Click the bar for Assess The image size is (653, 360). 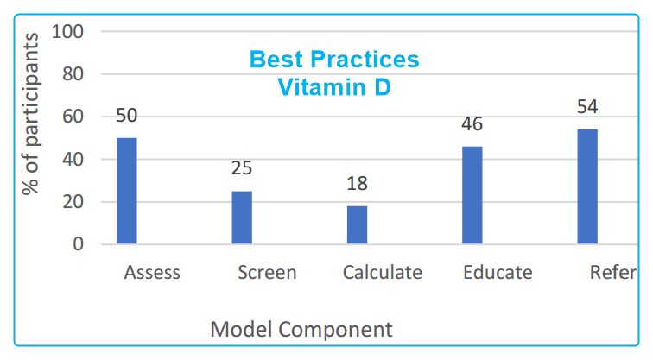(x=127, y=191)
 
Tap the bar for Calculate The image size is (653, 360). (x=357, y=224)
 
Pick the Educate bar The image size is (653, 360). (x=472, y=195)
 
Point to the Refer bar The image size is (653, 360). (x=587, y=186)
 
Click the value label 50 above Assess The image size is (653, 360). (x=127, y=116)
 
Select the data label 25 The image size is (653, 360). (x=242, y=168)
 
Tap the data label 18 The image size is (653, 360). (x=357, y=183)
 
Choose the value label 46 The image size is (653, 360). (x=472, y=124)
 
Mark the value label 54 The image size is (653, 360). (x=587, y=107)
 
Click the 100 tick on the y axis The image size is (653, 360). (x=68, y=32)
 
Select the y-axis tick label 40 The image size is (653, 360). (x=73, y=160)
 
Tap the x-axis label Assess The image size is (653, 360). (x=152, y=273)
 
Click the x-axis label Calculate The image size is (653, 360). (x=383, y=273)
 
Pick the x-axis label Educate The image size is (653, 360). (x=498, y=273)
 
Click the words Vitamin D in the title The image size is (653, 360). (x=334, y=86)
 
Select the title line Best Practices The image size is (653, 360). (x=334, y=60)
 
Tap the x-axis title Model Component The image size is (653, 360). (x=301, y=329)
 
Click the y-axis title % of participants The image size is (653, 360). (x=32, y=113)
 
